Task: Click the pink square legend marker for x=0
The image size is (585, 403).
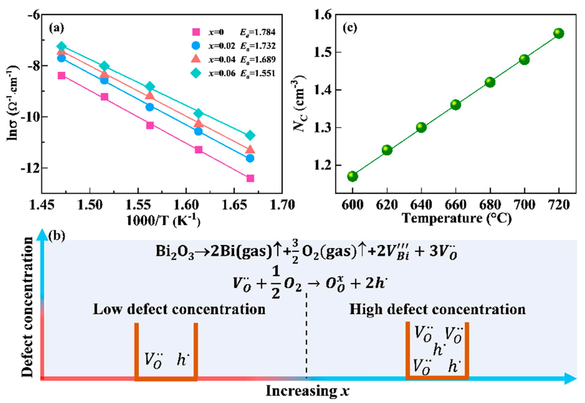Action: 196,32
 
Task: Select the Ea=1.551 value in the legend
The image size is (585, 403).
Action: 257,74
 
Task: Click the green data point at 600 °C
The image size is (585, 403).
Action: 352,176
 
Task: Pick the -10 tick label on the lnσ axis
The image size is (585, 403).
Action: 28,117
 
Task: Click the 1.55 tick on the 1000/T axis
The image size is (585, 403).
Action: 138,205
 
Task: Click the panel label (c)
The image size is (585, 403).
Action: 350,28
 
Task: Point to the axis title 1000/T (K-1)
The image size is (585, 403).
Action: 163,221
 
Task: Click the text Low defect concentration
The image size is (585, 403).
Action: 179,310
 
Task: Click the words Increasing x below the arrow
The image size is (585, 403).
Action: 307,391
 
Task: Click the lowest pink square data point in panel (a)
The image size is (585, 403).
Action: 250,179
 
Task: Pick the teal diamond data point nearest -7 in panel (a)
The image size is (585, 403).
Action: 61,46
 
